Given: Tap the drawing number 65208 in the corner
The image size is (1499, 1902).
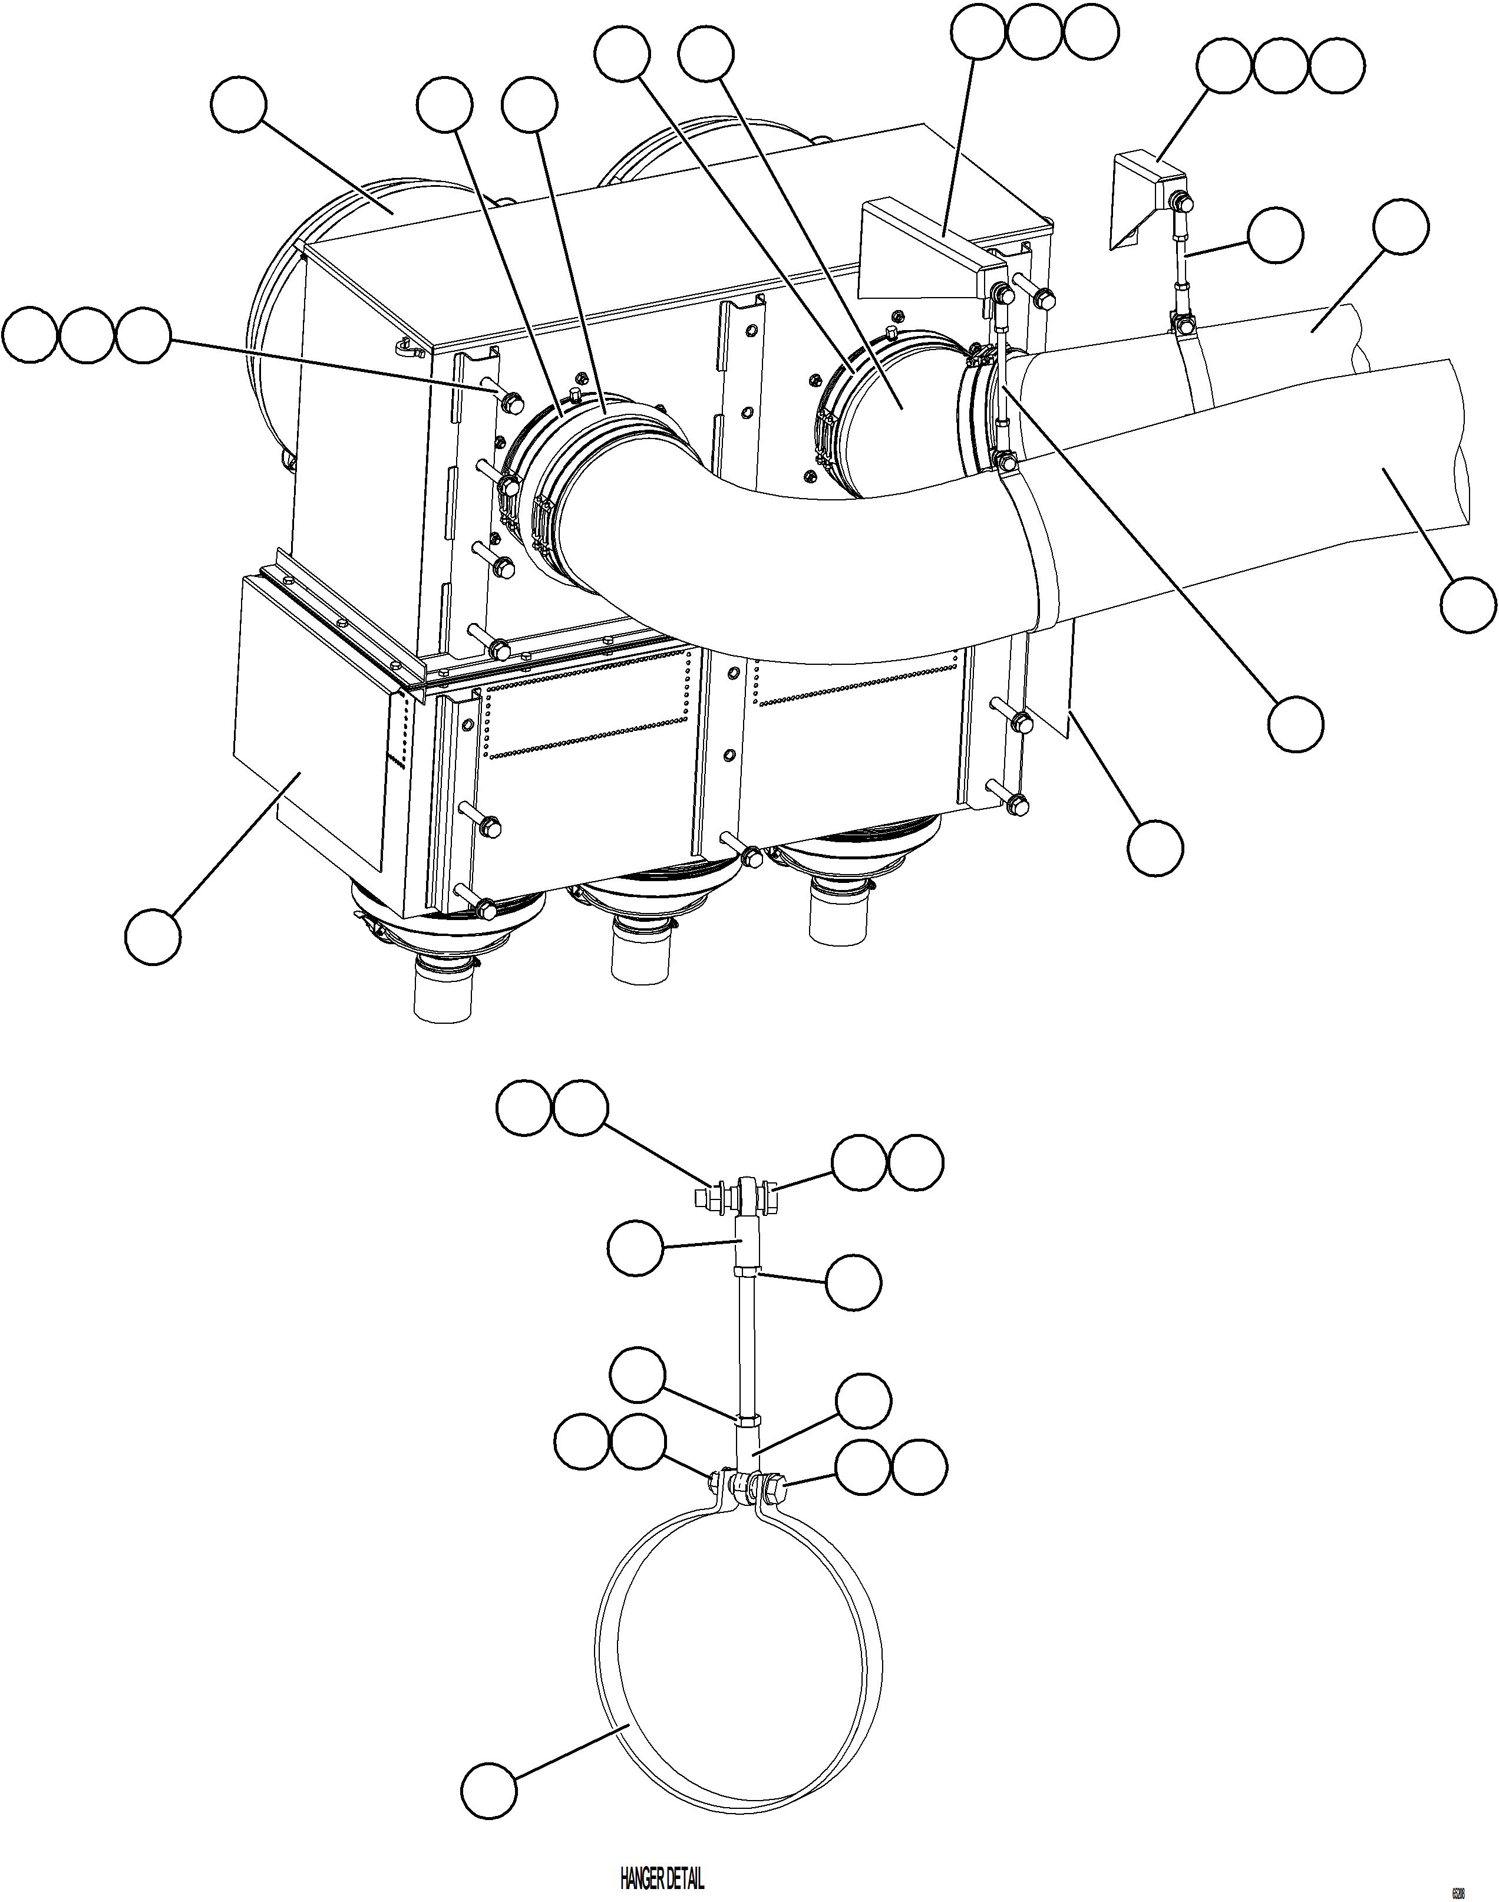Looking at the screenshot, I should coord(1457,1886).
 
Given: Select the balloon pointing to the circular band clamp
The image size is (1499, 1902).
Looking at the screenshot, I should coord(490,1791).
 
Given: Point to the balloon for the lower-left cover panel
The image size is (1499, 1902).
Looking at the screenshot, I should coord(154,937).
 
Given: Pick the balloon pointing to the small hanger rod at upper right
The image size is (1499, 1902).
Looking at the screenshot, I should coord(1275,235).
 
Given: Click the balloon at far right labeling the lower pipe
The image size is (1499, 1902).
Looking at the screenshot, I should coord(1468,605).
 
